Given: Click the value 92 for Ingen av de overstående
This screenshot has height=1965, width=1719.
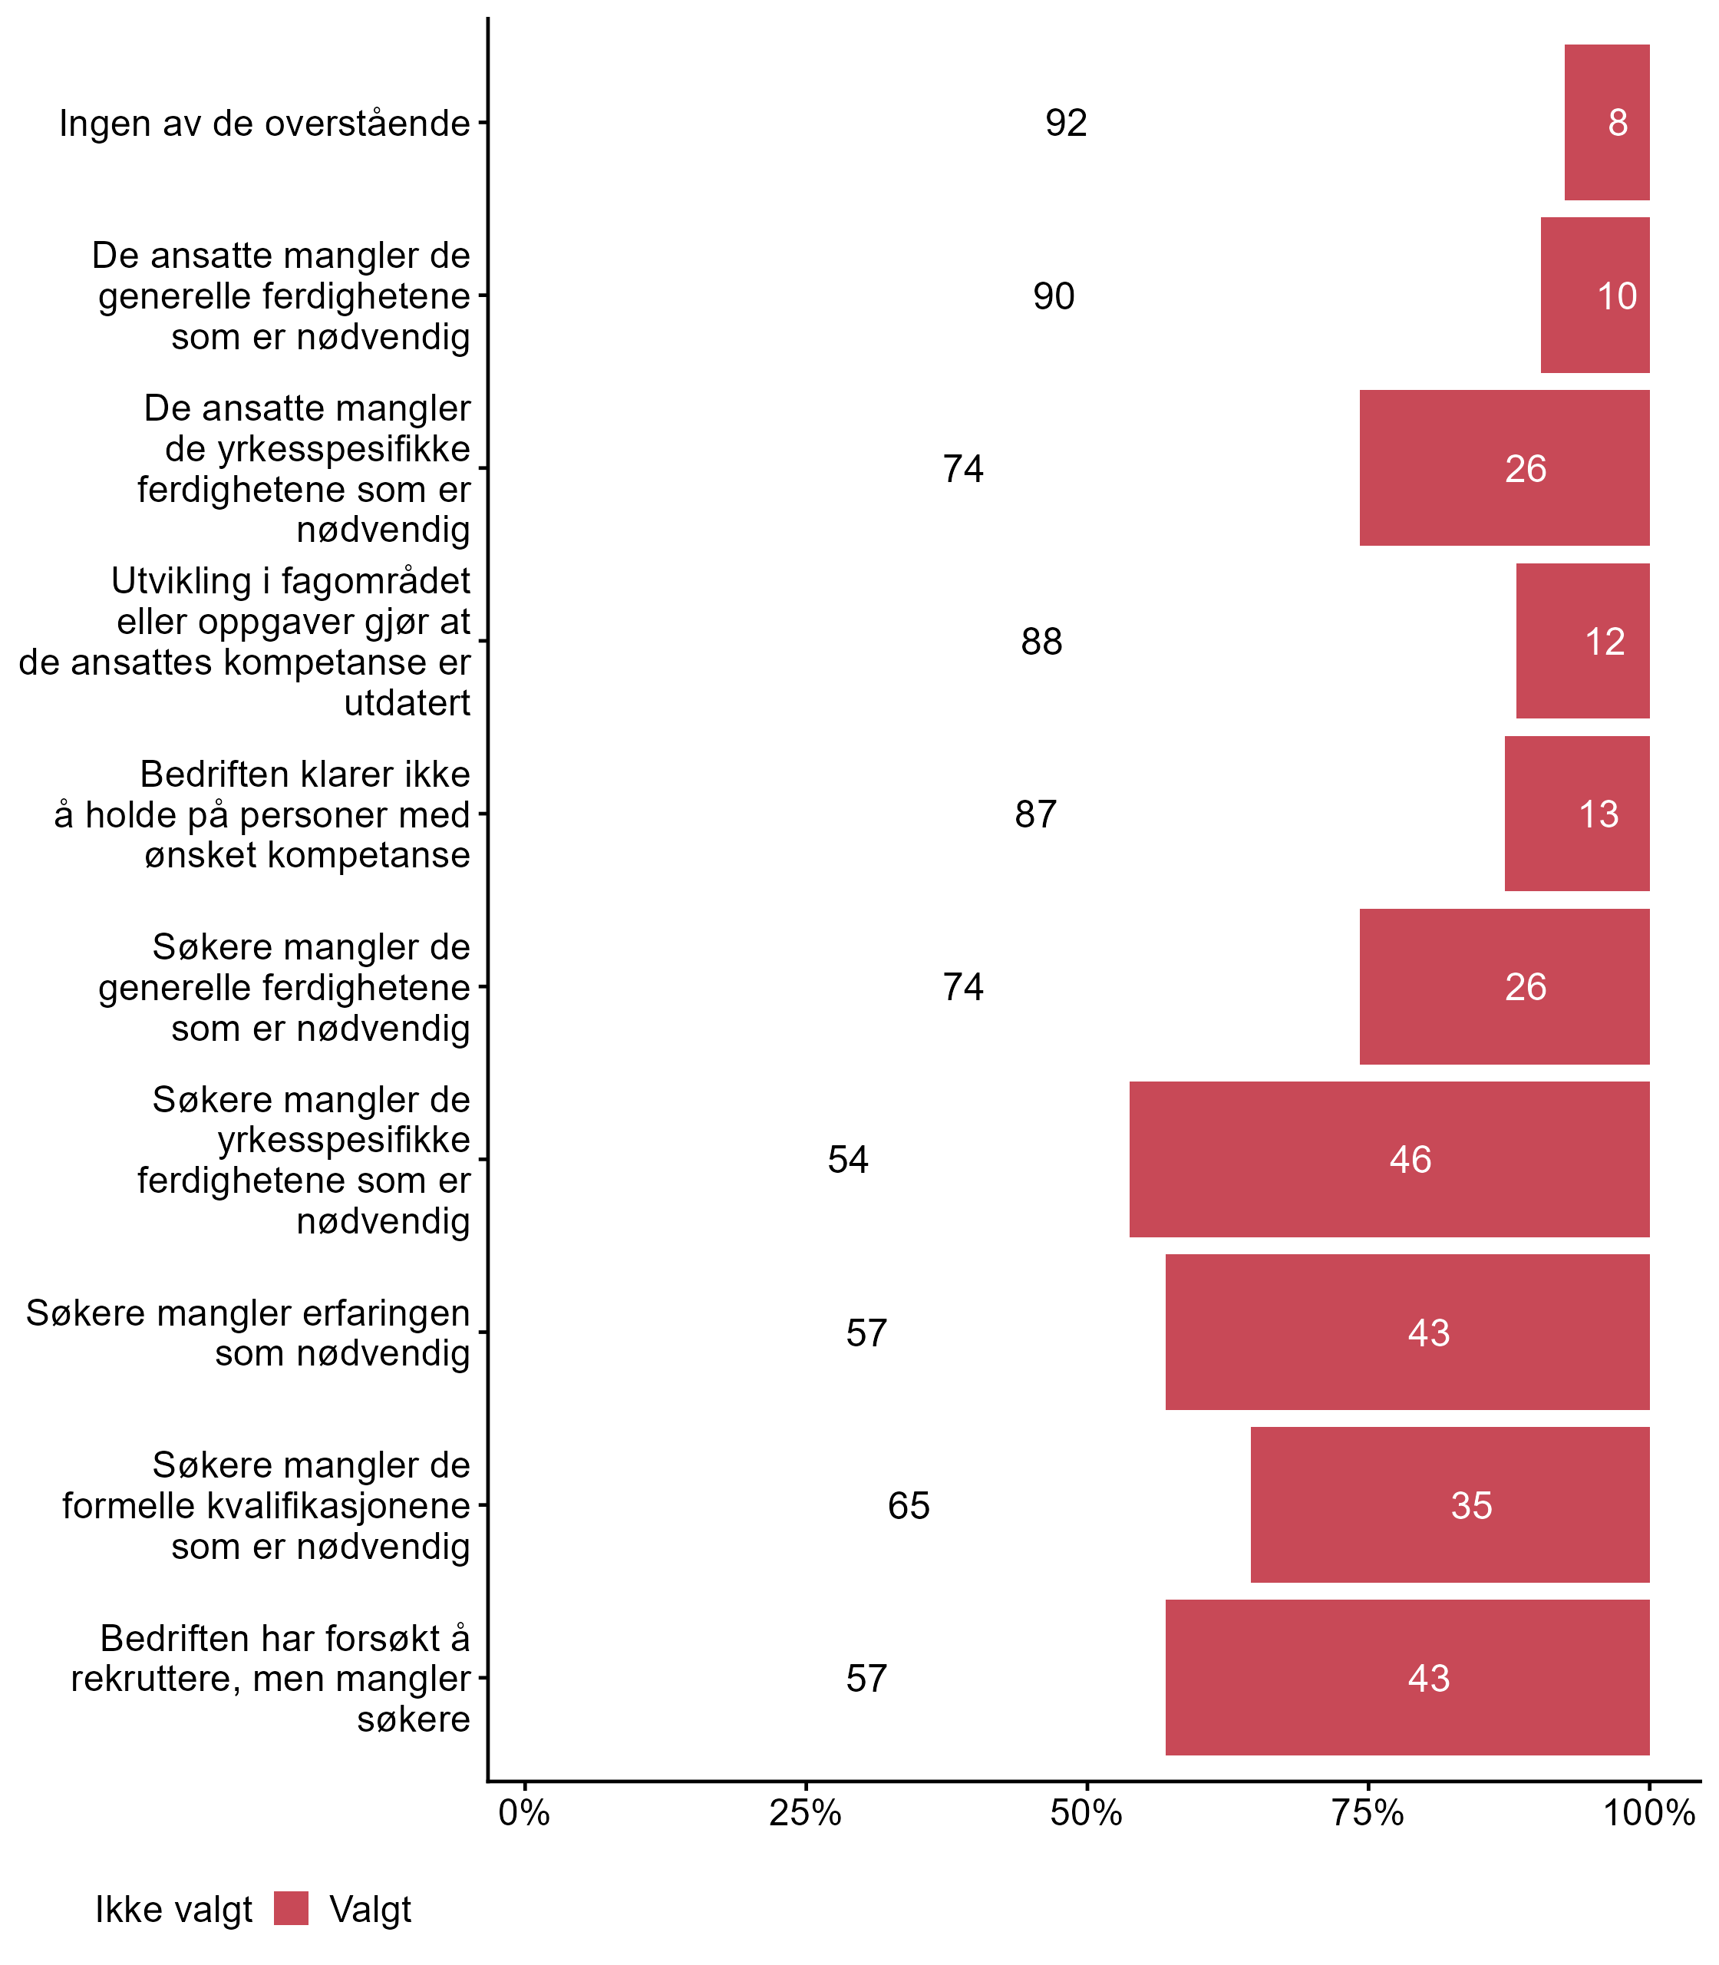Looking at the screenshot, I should click(x=1066, y=123).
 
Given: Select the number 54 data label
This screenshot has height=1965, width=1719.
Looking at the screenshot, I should click(x=848, y=1160).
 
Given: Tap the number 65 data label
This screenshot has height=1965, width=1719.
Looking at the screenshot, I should click(x=909, y=1505).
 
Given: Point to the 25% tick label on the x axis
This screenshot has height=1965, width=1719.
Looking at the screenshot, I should click(x=806, y=1812).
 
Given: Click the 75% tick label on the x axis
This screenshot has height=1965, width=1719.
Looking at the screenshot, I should click(x=1368, y=1812).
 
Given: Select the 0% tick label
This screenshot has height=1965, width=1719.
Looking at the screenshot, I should click(x=523, y=1812).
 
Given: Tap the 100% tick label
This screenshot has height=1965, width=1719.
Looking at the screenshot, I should click(x=1649, y=1812).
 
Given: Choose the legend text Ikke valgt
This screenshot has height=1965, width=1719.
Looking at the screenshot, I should click(x=173, y=1910).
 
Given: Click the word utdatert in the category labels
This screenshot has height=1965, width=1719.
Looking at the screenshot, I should click(x=407, y=703).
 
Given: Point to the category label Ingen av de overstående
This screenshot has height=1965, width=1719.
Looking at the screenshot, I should click(x=265, y=124).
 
